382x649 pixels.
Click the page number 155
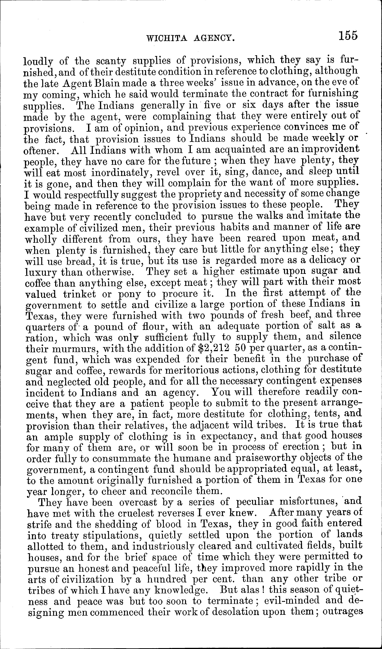point(348,35)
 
